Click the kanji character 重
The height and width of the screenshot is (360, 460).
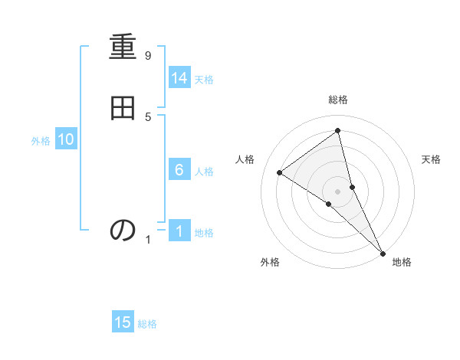[x=123, y=48]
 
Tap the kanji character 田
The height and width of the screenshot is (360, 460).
[x=123, y=108]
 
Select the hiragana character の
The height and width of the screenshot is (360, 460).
[x=123, y=229]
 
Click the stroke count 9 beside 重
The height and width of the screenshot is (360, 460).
[x=147, y=56]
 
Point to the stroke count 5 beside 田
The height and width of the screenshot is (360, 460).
[x=147, y=116]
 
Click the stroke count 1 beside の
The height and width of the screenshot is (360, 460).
[x=148, y=240]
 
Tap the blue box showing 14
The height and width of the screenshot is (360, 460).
[x=179, y=78]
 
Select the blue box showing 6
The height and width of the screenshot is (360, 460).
[x=179, y=170]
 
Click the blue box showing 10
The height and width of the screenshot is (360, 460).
[x=66, y=139]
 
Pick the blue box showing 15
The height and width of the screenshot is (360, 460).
[x=123, y=322]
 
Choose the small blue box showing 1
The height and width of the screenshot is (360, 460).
[x=179, y=231]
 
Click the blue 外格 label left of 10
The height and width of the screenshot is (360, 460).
[x=41, y=141]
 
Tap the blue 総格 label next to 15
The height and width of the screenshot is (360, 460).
[x=147, y=324]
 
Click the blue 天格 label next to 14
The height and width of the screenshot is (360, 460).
[x=204, y=80]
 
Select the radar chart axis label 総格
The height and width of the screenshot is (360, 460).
[x=338, y=100]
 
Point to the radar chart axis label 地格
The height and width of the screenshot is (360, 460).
[x=402, y=262]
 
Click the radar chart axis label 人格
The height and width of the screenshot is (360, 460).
[x=245, y=159]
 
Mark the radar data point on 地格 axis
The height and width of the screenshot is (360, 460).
[x=383, y=252]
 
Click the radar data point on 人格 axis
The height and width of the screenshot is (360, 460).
[x=279, y=172]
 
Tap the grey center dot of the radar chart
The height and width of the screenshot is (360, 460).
[x=338, y=191]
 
